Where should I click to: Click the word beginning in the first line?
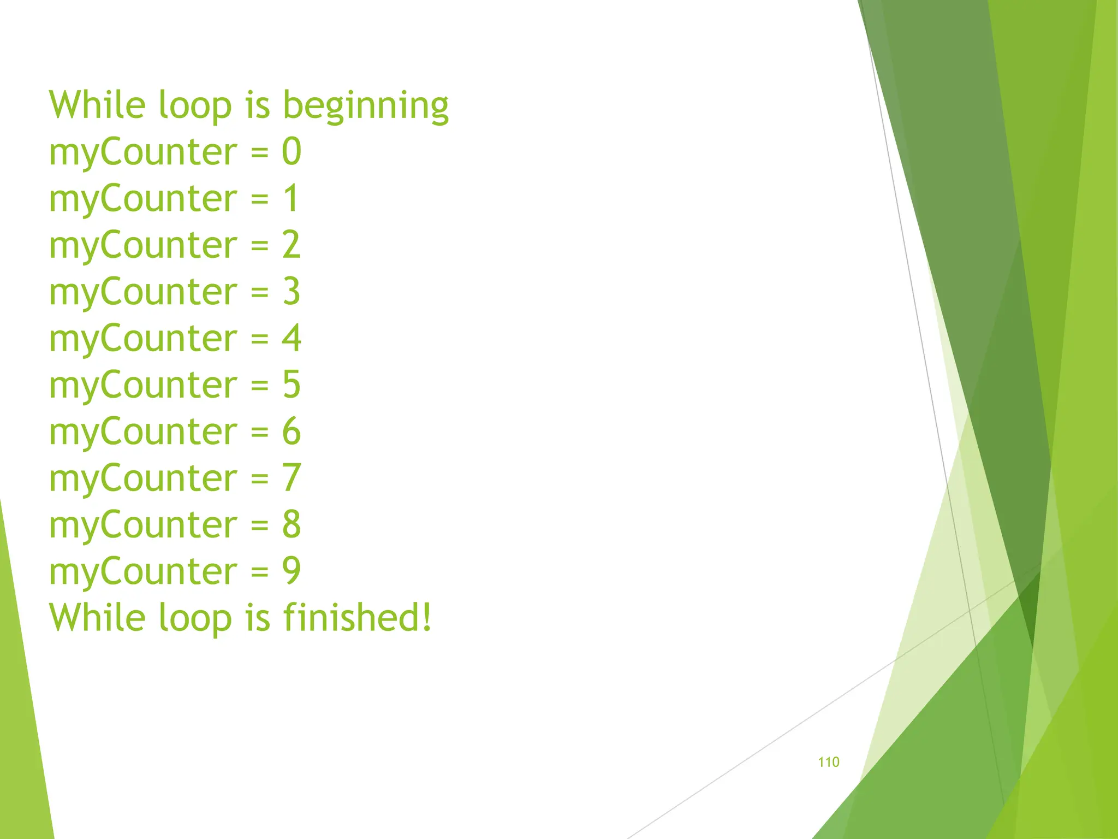pos(365,105)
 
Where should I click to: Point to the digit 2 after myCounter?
pos(292,245)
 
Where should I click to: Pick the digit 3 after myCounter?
pos(292,291)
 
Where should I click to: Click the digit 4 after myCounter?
pos(292,338)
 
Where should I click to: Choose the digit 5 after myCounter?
pos(292,385)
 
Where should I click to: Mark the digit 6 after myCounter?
pos(292,431)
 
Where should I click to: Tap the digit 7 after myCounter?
pos(292,478)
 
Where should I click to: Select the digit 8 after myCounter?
pos(292,524)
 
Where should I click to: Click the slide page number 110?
pos(828,762)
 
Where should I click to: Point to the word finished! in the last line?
pos(358,617)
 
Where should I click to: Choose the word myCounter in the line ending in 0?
pos(143,152)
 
